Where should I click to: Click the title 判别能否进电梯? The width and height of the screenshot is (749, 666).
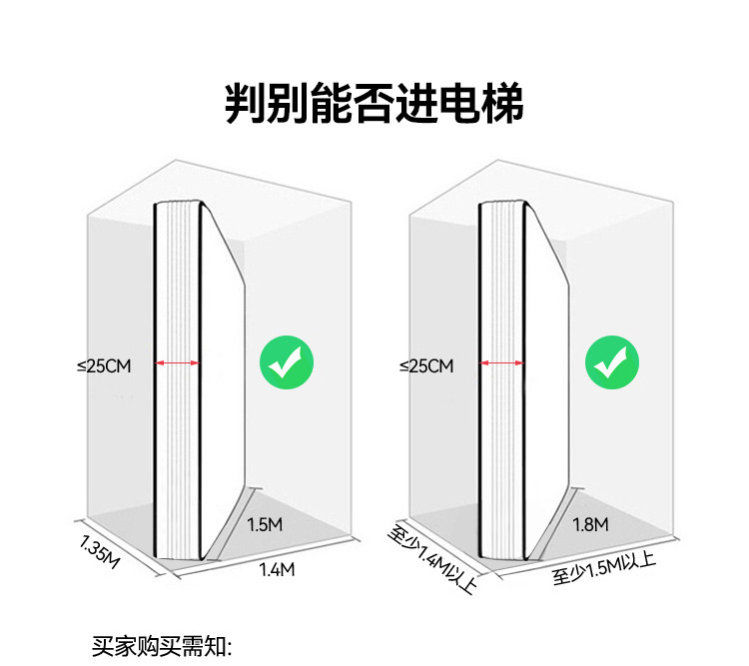pyautogui.click(x=374, y=103)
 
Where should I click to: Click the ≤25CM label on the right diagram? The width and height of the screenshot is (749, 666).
pyautogui.click(x=426, y=366)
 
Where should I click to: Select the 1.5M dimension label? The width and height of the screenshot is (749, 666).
pyautogui.click(x=264, y=525)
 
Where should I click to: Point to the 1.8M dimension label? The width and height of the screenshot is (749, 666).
pyautogui.click(x=590, y=524)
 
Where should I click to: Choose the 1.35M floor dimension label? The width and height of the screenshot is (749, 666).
pyautogui.click(x=99, y=550)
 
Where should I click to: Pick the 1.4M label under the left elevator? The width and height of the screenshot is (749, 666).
pyautogui.click(x=277, y=570)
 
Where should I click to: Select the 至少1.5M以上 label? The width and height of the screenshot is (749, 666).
pyautogui.click(x=603, y=572)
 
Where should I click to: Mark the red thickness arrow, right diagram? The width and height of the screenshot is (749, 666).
pyautogui.click(x=502, y=364)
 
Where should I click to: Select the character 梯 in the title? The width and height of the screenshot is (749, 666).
pyautogui.click(x=499, y=103)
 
